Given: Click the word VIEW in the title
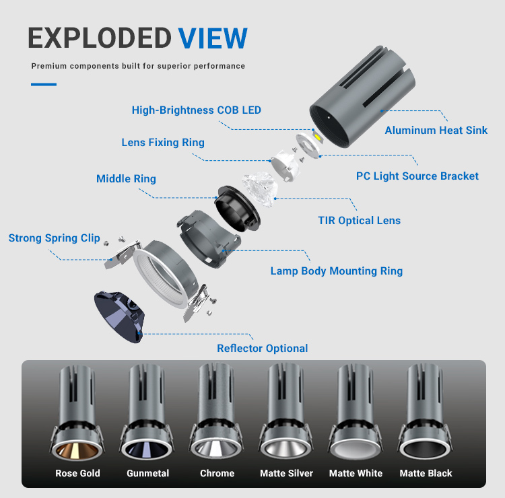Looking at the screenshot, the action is pyautogui.click(x=213, y=38).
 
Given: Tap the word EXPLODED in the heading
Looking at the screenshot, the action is pyautogui.click(x=100, y=38).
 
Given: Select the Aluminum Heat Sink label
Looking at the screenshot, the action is pyautogui.click(x=436, y=130).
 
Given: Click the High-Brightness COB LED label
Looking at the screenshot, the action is pyautogui.click(x=197, y=110).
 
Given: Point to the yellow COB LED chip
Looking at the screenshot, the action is pyautogui.click(x=318, y=137).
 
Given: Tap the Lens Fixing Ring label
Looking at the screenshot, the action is pyautogui.click(x=163, y=142).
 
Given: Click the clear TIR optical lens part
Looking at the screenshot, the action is pyautogui.click(x=260, y=189).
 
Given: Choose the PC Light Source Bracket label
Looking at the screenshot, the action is pyautogui.click(x=417, y=176).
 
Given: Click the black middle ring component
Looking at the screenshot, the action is pyautogui.click(x=238, y=208).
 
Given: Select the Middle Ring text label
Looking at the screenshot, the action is pyautogui.click(x=127, y=178).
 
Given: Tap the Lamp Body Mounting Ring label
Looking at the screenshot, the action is pyautogui.click(x=337, y=271).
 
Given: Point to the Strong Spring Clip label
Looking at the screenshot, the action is pyautogui.click(x=54, y=238).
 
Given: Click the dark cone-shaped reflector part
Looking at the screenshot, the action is pyautogui.click(x=119, y=317).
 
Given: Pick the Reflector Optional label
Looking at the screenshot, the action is pyautogui.click(x=263, y=349).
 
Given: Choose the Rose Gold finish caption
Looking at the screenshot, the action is pyautogui.click(x=77, y=473).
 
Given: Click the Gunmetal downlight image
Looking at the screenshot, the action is pyautogui.click(x=147, y=413).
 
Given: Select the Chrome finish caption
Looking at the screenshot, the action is pyautogui.click(x=217, y=473).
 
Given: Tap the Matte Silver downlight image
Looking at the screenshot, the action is pyautogui.click(x=285, y=413).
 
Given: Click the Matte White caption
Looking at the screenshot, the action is pyautogui.click(x=356, y=473).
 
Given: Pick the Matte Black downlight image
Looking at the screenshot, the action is pyautogui.click(x=425, y=413).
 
